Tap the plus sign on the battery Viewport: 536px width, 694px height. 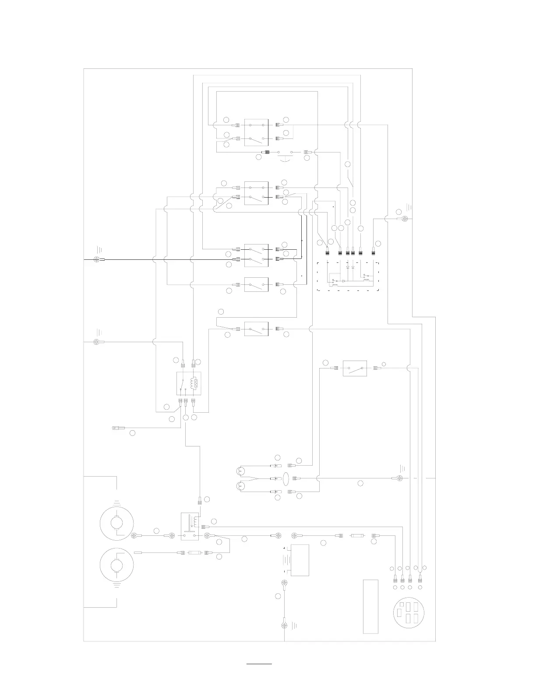pos(285,548)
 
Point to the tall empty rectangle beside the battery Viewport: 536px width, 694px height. pos(370,606)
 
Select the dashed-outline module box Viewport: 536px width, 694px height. pos(347,276)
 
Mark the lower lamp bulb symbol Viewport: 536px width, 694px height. pos(240,486)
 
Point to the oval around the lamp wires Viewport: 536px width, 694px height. pos(286,478)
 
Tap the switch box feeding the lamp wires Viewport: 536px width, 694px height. pos(355,368)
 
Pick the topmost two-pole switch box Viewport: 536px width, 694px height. pos(256,132)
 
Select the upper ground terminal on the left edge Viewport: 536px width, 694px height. pos(97,259)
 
